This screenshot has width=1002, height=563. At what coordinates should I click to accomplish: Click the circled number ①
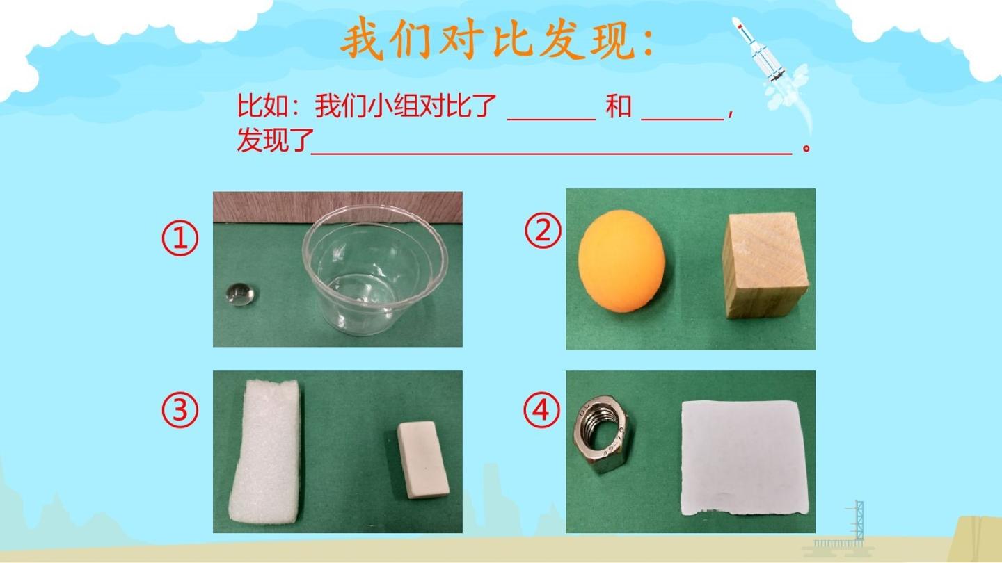(180, 238)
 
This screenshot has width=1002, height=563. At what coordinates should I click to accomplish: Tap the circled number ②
(543, 231)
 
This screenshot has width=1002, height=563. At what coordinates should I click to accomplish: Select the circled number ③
(180, 410)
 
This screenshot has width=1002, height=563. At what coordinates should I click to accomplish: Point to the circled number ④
(541, 409)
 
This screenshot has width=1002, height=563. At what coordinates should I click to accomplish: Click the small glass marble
(240, 295)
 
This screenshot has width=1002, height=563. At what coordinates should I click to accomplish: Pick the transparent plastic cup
(375, 270)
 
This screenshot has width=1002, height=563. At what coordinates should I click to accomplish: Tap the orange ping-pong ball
(622, 261)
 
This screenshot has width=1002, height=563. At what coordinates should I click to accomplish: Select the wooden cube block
(765, 266)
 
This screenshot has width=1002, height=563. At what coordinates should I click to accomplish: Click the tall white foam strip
(267, 450)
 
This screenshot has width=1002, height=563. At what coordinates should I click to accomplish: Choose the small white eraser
(423, 459)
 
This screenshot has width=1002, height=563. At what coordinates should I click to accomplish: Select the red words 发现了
(273, 140)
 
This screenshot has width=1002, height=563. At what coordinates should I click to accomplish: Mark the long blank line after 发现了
(551, 153)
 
